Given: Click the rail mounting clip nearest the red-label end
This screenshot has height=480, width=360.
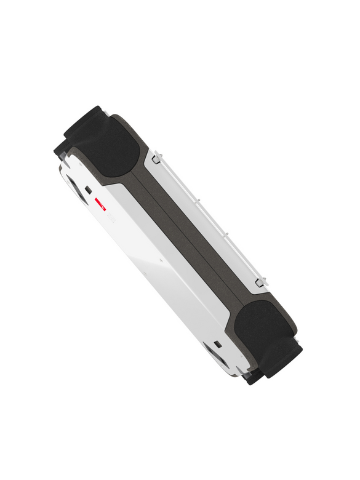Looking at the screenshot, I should tap(156, 158).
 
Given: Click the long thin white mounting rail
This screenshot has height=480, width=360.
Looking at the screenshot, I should tap(209, 218).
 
